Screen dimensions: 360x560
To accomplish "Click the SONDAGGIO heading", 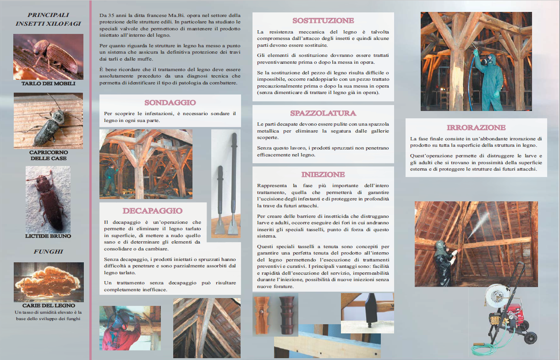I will tap(170, 103).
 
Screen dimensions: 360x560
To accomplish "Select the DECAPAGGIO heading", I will tap(152, 211).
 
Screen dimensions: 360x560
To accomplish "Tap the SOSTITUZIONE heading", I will tap(323, 21).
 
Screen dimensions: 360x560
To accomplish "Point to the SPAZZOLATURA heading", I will tap(323, 113).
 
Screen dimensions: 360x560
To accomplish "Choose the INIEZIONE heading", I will tap(323, 175).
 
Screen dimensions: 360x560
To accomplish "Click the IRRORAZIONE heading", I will tap(476, 127).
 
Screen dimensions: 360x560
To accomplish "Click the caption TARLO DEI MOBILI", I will tap(48, 84).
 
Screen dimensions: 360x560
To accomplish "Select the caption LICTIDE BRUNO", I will tap(48, 236).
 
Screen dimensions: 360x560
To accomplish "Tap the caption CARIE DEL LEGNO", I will tap(49, 305).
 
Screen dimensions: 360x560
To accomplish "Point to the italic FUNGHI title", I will tap(48, 252).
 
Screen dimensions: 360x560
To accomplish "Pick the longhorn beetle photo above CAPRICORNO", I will tap(48, 121).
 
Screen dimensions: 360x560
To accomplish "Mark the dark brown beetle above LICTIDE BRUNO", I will tap(48, 199).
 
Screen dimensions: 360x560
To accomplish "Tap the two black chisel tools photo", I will tap(225, 183).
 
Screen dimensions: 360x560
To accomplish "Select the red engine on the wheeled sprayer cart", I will tap(501, 308).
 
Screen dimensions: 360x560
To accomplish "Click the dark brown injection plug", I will tap(287, 315).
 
